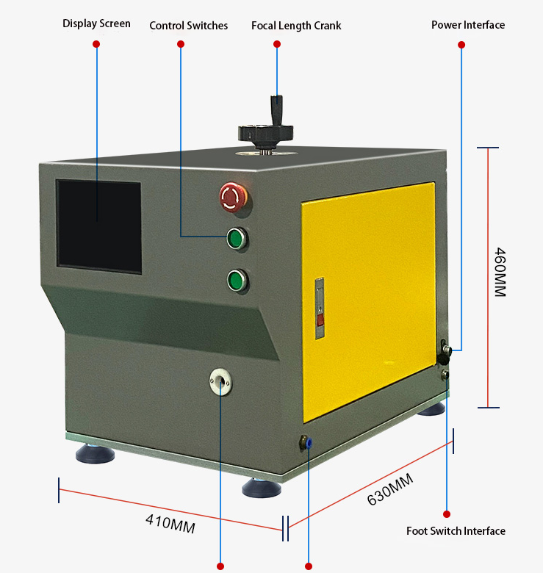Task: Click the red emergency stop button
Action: (x=233, y=198)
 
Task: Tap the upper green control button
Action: (x=237, y=239)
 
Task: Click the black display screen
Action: (x=99, y=226)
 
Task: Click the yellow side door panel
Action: (x=369, y=301)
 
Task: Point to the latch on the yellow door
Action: (x=320, y=308)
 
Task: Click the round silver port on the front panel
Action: (x=220, y=381)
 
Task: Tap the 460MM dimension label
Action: (x=500, y=273)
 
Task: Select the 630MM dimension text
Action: (x=390, y=490)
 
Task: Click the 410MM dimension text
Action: (x=170, y=524)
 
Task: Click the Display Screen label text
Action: (x=96, y=24)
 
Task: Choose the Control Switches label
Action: (x=189, y=26)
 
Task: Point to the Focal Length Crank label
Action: (x=296, y=26)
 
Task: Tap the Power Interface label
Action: (x=468, y=25)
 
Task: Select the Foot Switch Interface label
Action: (x=456, y=530)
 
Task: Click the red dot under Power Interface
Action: (x=461, y=45)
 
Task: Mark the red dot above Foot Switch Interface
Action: (x=447, y=514)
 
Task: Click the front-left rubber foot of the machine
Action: (x=95, y=453)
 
